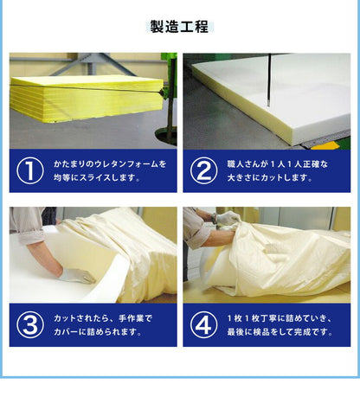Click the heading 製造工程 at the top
[179, 26]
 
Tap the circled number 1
[29, 170]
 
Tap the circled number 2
[203, 170]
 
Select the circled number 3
[29, 324]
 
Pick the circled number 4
[203, 324]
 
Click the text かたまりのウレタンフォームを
[110, 163]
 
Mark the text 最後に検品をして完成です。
[280, 333]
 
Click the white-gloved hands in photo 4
[227, 220]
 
